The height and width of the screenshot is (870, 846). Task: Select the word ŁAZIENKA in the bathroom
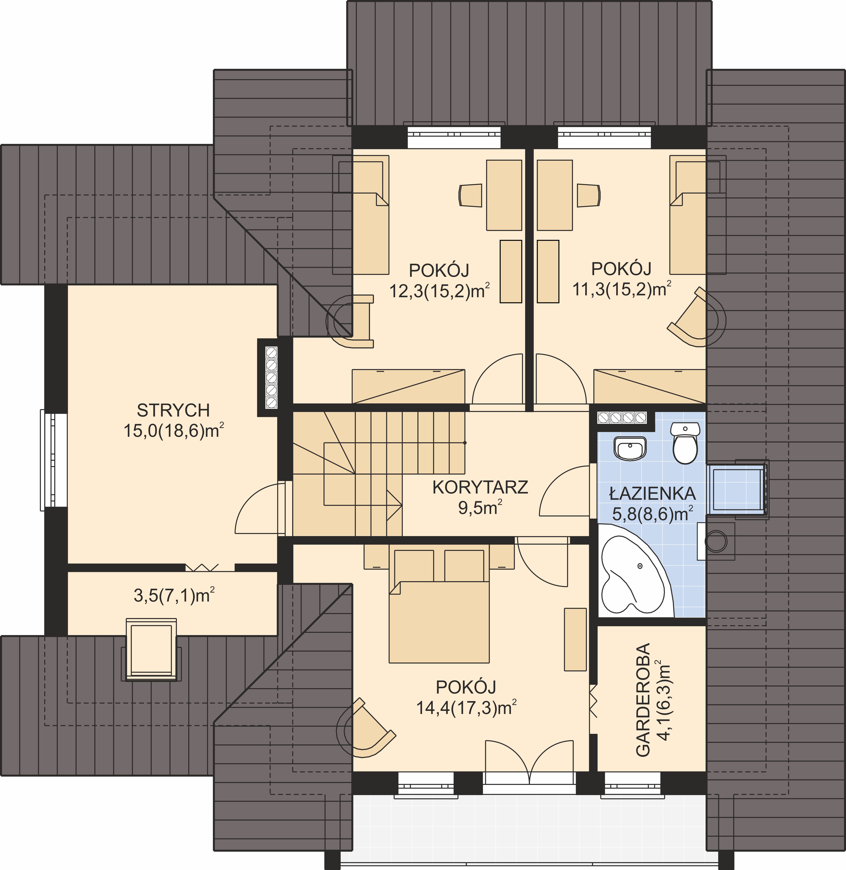(652, 493)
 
